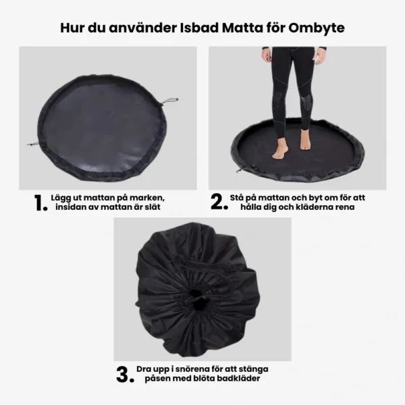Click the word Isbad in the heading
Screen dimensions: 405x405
(199, 28)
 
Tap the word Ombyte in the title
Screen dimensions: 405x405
(317, 28)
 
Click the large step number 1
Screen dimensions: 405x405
(40, 202)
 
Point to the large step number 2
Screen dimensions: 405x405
(219, 201)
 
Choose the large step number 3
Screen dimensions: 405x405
(125, 375)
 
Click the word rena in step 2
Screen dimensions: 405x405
(346, 208)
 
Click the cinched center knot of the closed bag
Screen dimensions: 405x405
(197, 300)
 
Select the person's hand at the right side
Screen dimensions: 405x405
(320, 57)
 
